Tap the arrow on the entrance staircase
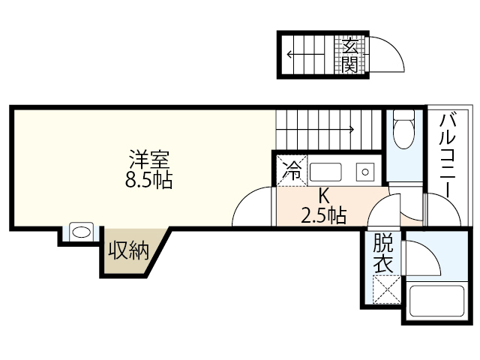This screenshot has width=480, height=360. (307, 54)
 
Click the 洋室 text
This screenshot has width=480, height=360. (149, 159)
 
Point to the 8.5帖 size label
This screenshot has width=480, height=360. (149, 180)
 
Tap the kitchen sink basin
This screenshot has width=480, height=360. (325, 171)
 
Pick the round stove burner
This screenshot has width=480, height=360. (366, 171)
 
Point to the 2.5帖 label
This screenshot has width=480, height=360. (324, 217)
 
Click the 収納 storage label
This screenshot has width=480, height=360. (130, 250)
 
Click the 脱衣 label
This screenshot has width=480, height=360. (382, 253)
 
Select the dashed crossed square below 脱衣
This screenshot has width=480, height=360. (385, 289)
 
